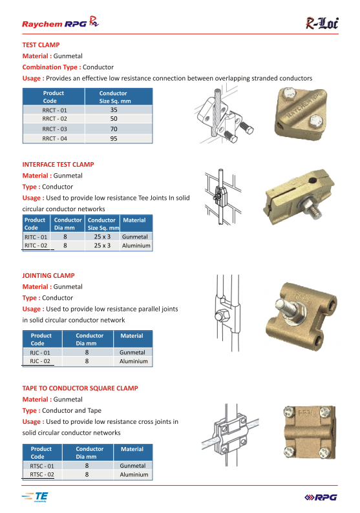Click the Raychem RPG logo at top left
pyautogui.click(x=60, y=22)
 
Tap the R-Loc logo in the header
pyautogui.click(x=322, y=23)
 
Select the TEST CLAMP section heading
pyautogui.click(x=41, y=45)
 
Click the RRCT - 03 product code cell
pyautogui.click(x=54, y=129)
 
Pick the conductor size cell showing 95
pyautogui.click(x=114, y=138)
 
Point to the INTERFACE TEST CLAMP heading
pyautogui.click(x=58, y=165)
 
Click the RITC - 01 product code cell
pyautogui.click(x=36, y=237)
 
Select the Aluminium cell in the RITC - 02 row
pyautogui.click(x=136, y=246)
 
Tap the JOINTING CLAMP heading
pyautogui.click(x=48, y=275)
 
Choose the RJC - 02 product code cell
pyautogui.click(x=40, y=361)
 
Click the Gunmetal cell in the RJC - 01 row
pyautogui.click(x=132, y=352)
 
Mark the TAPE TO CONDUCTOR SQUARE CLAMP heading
pyautogui.click(x=80, y=388)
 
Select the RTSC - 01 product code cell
pyautogui.click(x=42, y=466)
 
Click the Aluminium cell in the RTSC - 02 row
pyautogui.click(x=134, y=474)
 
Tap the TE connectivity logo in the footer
pyautogui.click(x=35, y=497)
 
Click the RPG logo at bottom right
pyautogui.click(x=321, y=497)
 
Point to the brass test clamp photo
pyautogui.click(x=300, y=114)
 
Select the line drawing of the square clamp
pyautogui.click(x=230, y=434)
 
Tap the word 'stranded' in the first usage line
pyautogui.click(x=264, y=78)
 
